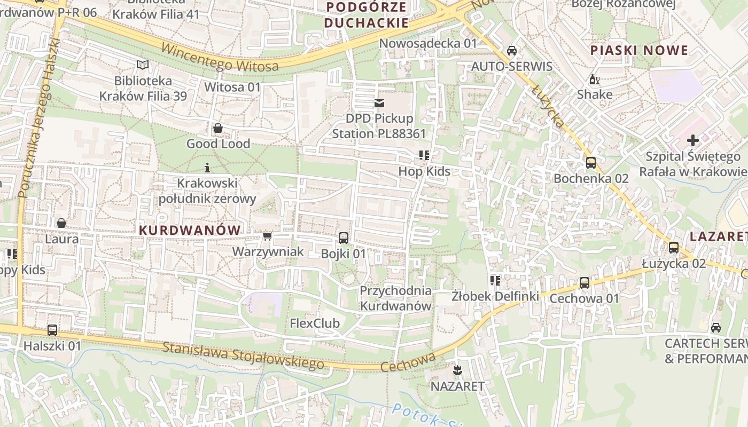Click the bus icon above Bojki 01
(344, 238)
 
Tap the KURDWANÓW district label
(190, 230)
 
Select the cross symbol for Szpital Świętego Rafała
(693, 140)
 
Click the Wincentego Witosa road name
(220, 58)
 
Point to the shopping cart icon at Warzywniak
(268, 236)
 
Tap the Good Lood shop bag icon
(218, 129)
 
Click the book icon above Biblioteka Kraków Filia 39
(143, 65)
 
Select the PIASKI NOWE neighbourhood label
(639, 51)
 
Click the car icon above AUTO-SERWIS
(511, 51)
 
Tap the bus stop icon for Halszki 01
(52, 330)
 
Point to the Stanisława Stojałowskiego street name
(243, 355)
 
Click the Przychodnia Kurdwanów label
(395, 298)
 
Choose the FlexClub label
(315, 323)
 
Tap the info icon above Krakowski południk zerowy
(207, 168)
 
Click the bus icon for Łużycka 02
(674, 248)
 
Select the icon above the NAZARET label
(457, 370)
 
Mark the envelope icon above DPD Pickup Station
(379, 102)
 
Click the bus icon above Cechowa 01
(585, 283)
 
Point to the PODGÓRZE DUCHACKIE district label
(366, 15)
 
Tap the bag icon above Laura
(61, 223)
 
